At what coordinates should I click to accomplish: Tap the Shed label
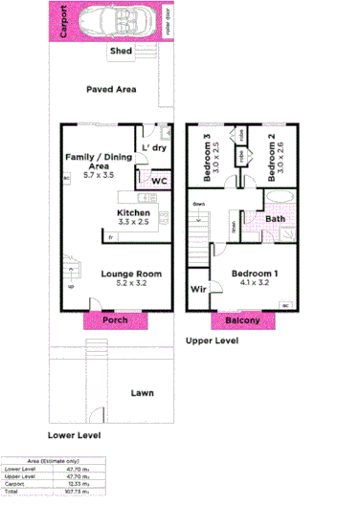click(x=122, y=51)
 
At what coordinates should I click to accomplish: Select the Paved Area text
click(x=111, y=89)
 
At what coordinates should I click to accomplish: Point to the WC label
click(x=160, y=181)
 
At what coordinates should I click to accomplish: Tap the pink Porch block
click(x=115, y=319)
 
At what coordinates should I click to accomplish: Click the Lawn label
click(x=143, y=392)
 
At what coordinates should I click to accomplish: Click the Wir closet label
click(x=199, y=289)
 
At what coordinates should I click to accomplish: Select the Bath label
click(x=276, y=219)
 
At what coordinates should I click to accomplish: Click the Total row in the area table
click(x=48, y=492)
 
